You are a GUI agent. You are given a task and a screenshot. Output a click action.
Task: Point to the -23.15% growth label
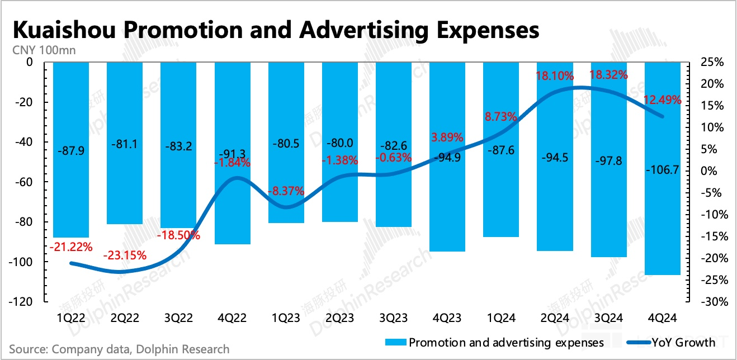[x=125, y=255]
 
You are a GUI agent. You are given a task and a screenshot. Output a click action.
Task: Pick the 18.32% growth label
[x=609, y=74]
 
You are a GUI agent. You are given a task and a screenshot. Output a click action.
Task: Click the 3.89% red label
[x=447, y=136]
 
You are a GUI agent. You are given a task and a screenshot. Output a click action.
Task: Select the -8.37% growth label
[x=285, y=191]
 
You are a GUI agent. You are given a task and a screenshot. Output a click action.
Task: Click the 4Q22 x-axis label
[x=233, y=318]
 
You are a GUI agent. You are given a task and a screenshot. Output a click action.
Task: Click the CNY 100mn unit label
[x=44, y=50]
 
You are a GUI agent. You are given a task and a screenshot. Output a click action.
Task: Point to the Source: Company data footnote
[x=119, y=349]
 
